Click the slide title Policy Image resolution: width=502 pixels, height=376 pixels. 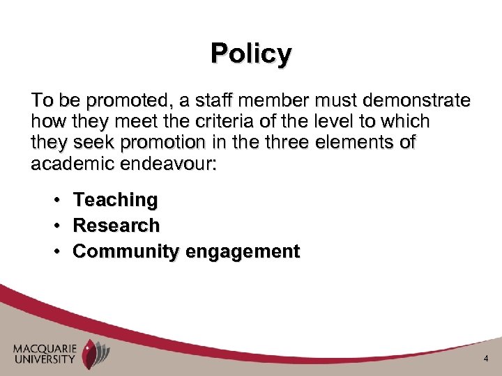click(x=251, y=54)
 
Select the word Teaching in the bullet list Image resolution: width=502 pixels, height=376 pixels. click(x=116, y=201)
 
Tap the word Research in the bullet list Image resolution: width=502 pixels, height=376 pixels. click(x=116, y=226)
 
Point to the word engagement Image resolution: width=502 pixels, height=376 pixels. click(x=242, y=251)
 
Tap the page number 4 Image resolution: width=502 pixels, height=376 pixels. click(x=486, y=359)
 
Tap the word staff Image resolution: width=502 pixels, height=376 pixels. click(x=214, y=101)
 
